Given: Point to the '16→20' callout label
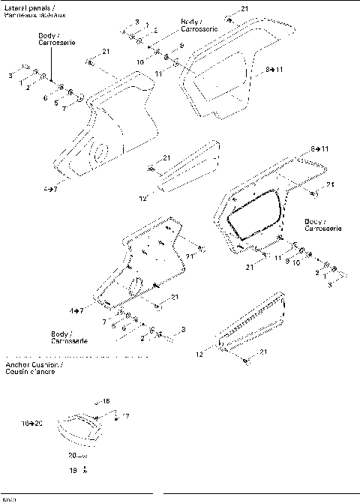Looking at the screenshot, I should click(x=32, y=424).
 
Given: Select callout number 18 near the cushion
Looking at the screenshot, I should click(x=106, y=402).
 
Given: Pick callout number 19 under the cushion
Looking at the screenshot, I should click(x=73, y=470).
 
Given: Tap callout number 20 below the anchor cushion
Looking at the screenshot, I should click(x=73, y=455).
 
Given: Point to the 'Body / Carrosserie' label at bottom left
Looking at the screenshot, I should click(x=68, y=337).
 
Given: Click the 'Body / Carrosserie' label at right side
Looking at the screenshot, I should click(x=324, y=225).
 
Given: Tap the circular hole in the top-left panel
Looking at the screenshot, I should click(x=97, y=154).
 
